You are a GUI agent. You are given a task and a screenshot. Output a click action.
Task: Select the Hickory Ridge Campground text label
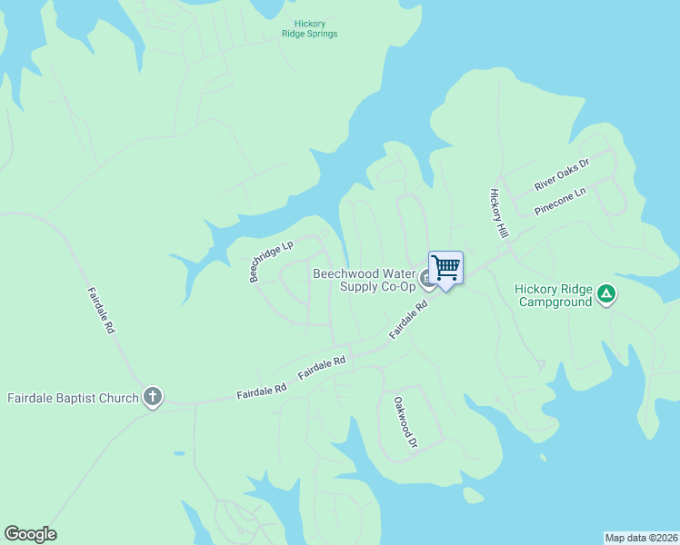[554, 295]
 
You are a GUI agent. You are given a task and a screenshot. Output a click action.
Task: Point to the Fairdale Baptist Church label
[73, 398]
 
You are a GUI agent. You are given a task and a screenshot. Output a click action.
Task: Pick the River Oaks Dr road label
[562, 173]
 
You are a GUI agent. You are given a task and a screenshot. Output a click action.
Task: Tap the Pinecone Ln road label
[561, 201]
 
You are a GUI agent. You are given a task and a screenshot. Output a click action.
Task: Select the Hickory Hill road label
[498, 214]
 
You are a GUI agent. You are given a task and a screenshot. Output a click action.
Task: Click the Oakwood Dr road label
[405, 422]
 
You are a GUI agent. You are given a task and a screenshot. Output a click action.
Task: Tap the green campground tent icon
[606, 294]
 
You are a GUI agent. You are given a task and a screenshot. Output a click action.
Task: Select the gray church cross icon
[153, 397]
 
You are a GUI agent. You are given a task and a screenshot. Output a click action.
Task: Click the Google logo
[30, 534]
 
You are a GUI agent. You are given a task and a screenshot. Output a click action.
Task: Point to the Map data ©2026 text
[641, 537]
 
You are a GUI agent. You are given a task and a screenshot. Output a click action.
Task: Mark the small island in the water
[471, 495]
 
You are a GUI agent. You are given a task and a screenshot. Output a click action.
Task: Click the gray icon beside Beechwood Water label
[425, 276]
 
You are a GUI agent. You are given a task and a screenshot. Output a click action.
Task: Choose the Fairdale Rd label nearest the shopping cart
[408, 322]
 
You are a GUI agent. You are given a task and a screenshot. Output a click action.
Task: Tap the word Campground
[555, 302]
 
